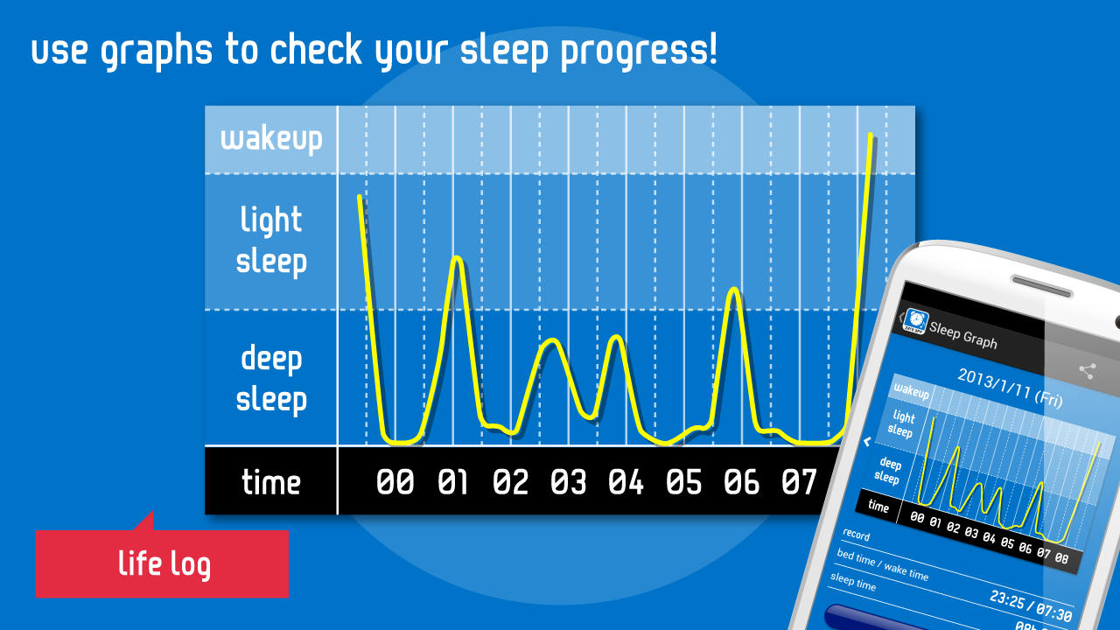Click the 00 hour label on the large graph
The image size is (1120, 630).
pos(395,482)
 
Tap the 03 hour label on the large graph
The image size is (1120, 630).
pos(568,482)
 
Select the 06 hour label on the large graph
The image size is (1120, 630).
pos(741,482)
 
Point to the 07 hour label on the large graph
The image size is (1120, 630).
pos(798,482)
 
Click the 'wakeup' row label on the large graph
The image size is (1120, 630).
pos(271,139)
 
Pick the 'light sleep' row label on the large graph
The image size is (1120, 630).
pos(271,241)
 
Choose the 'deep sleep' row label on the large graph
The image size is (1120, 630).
pos(271,379)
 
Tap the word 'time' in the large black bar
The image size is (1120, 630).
pos(271,482)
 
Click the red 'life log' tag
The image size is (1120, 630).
pos(164,564)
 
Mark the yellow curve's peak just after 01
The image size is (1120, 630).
pos(456,258)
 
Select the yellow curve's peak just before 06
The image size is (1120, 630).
pos(734,289)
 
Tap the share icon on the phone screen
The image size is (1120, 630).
pos(1087,371)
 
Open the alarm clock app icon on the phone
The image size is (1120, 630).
pos(915,321)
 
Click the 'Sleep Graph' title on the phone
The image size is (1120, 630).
pos(963,333)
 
